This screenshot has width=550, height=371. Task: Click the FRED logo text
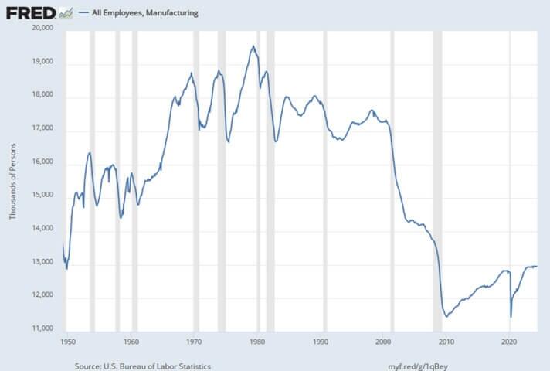pos(29,12)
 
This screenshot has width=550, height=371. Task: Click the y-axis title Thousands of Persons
pos(12,179)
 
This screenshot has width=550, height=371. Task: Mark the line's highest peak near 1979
pos(253,46)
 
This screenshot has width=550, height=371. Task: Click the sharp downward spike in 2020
pos(511,316)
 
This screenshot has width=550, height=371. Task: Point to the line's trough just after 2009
pos(446,316)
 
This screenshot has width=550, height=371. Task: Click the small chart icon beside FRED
pos(66,12)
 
